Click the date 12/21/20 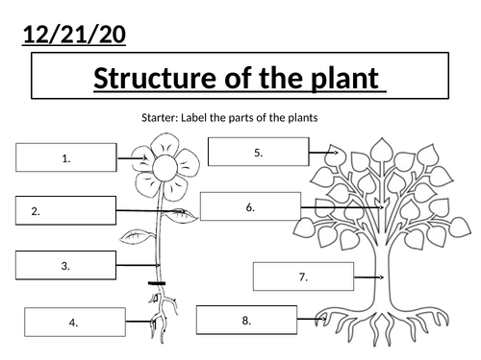pos(74,35)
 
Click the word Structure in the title pos(155,78)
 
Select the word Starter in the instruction pos(159,118)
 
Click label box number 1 pos(66,157)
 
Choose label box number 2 pos(65,210)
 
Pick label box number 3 pos(65,265)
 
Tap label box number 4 pos(75,323)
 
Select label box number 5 pos(259,152)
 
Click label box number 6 pos(250,206)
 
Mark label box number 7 pos(303,276)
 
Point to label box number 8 pos(246,320)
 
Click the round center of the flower pos(165,167)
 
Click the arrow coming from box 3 pos(138,265)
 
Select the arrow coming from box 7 pos(368,277)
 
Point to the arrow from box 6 pos(342,207)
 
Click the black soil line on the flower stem pos(157,283)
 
